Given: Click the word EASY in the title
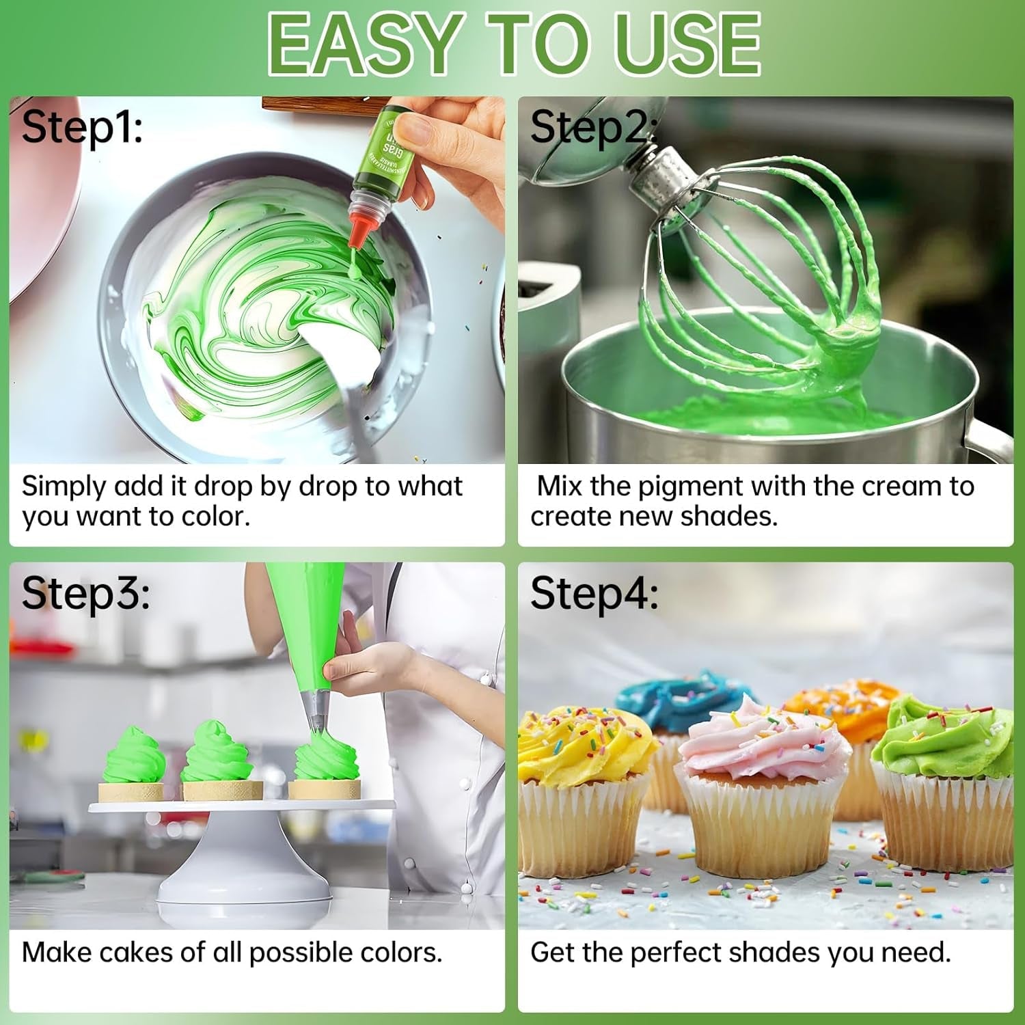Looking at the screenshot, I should pos(362,44).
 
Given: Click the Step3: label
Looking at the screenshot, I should pos(85,593).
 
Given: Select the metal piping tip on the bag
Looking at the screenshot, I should pos(315,711).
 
